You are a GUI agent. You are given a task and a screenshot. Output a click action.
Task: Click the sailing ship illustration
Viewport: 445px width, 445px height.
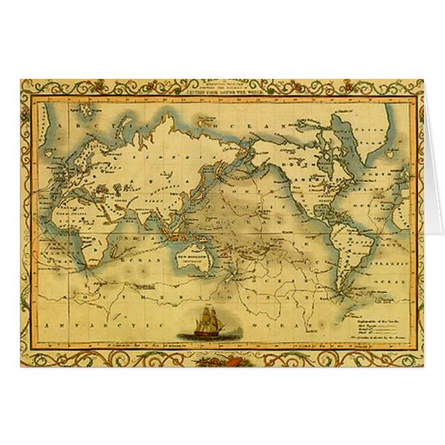pos(208,323)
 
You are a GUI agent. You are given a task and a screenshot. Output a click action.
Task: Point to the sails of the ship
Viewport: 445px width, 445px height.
pos(208,317)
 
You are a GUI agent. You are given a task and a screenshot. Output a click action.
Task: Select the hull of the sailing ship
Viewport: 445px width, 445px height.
pos(208,332)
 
